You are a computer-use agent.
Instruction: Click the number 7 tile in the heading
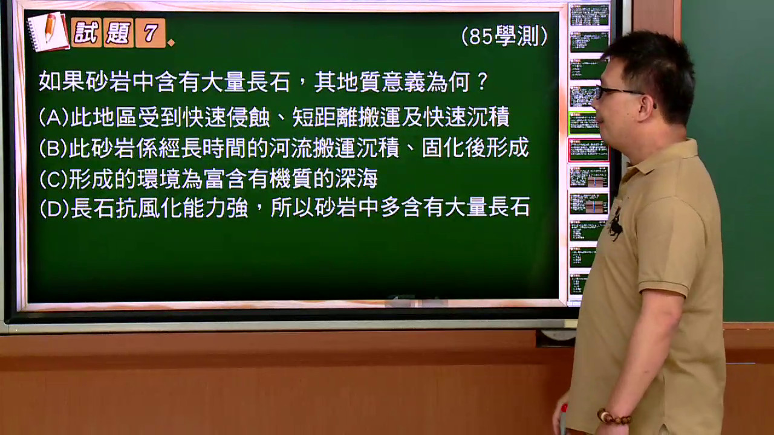point(151,33)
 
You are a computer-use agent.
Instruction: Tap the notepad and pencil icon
point(49,31)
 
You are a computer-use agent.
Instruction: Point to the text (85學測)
point(504,36)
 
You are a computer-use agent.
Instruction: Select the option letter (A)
point(54,117)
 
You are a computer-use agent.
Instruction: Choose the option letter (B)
point(53,148)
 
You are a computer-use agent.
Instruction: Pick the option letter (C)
point(54,179)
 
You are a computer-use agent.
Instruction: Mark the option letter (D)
point(54,208)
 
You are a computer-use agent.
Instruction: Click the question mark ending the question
point(482,82)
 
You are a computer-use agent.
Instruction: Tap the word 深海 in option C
point(356,178)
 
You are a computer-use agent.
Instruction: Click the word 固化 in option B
point(443,147)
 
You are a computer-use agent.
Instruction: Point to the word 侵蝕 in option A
point(249,117)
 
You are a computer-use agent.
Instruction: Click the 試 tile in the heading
point(86,33)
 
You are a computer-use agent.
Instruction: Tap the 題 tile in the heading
point(119,33)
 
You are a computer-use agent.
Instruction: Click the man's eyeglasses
point(619,93)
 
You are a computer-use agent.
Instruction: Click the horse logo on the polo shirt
point(616,224)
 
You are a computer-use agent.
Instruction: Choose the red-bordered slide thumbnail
point(589,150)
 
